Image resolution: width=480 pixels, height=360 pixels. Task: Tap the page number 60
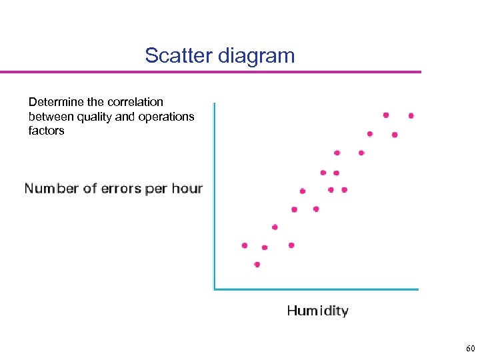(471, 349)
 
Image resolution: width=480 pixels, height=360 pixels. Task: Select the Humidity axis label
(317, 311)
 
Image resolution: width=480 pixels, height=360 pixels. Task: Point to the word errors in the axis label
(121, 189)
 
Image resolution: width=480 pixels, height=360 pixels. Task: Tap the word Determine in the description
(57, 102)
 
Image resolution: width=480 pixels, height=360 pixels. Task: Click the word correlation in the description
(131, 102)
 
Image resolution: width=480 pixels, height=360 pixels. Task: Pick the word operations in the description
(163, 117)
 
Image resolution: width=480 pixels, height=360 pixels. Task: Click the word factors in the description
(46, 131)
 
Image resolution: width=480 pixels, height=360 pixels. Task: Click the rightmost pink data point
(411, 115)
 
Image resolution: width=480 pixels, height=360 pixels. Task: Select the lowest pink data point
(257, 265)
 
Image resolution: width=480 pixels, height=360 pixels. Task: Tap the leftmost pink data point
(245, 245)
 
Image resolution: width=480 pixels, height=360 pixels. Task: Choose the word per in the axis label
(156, 189)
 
